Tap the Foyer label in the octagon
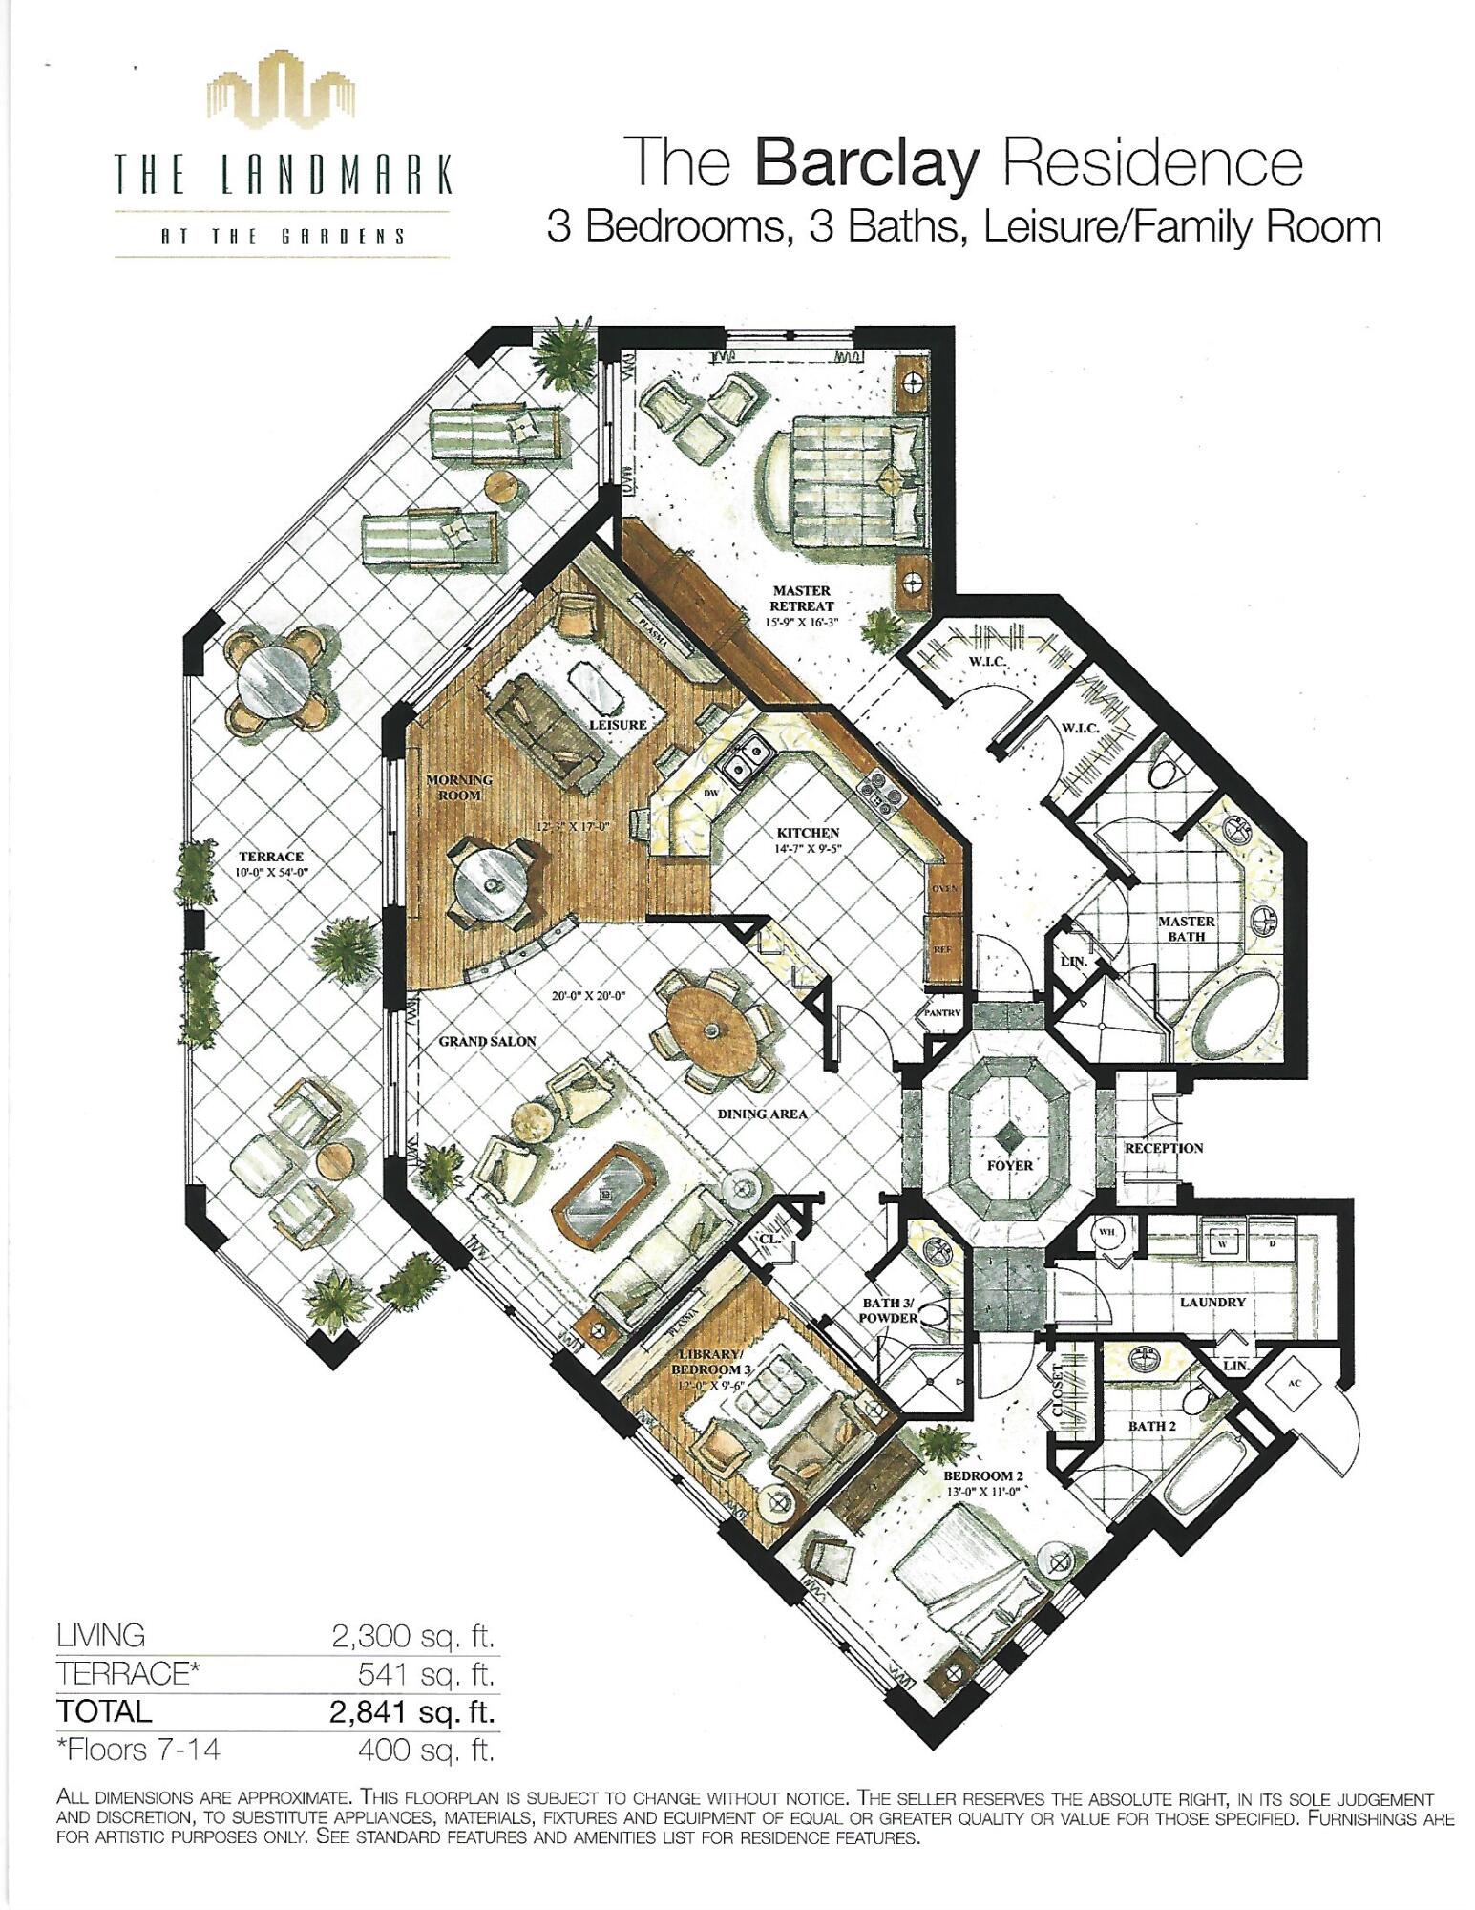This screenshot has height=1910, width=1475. pos(1010,1165)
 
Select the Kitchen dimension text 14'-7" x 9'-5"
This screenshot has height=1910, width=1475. pos(807,849)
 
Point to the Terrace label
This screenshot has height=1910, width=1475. pos(272,857)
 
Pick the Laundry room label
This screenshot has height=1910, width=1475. pos(1212,1302)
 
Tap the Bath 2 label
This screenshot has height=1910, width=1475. pos(1151,1426)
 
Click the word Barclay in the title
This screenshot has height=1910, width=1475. pos(867,164)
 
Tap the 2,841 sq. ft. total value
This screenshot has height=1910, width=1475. pos(412,1711)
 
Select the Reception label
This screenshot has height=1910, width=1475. pos(1164,1147)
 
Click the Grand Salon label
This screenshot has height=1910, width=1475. pos(487,1041)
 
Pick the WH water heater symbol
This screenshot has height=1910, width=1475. pos(1106,1232)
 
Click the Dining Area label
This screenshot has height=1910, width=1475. pos(762,1114)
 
